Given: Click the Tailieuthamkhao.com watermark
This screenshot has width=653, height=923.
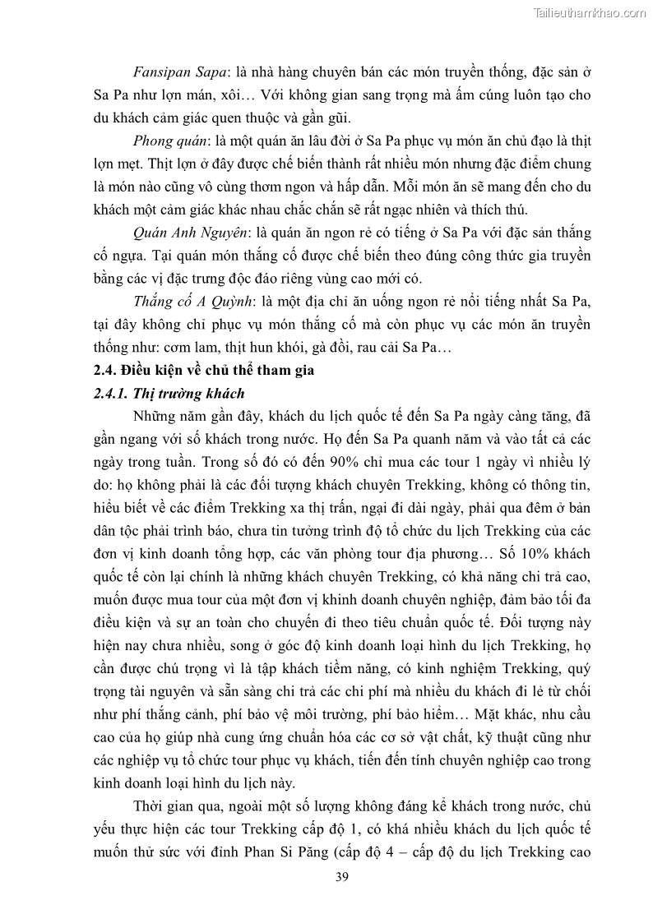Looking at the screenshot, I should (x=590, y=12).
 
